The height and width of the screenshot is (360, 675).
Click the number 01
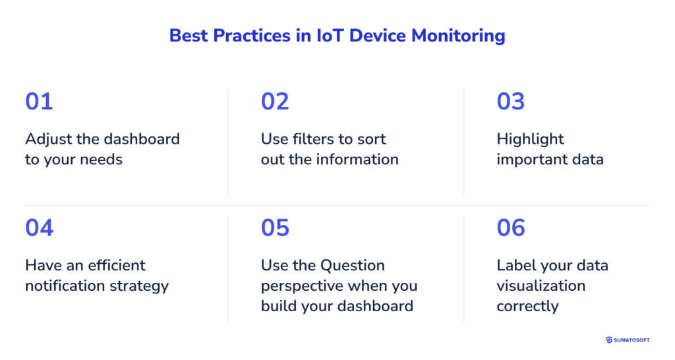point(39,102)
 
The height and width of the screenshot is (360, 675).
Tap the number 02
point(275,102)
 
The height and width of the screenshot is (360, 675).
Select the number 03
point(511,102)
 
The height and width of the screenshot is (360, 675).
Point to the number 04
point(40,227)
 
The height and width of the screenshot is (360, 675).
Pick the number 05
point(275,227)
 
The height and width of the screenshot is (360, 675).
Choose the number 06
point(511,227)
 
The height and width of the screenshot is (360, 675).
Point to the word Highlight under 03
point(531,139)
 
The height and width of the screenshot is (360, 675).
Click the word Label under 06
point(515,266)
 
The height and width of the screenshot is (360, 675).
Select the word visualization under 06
point(541,285)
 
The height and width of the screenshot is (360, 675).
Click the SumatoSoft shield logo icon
point(609,340)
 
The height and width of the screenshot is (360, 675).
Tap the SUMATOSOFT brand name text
point(633,340)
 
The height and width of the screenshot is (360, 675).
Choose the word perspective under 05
point(301,286)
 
